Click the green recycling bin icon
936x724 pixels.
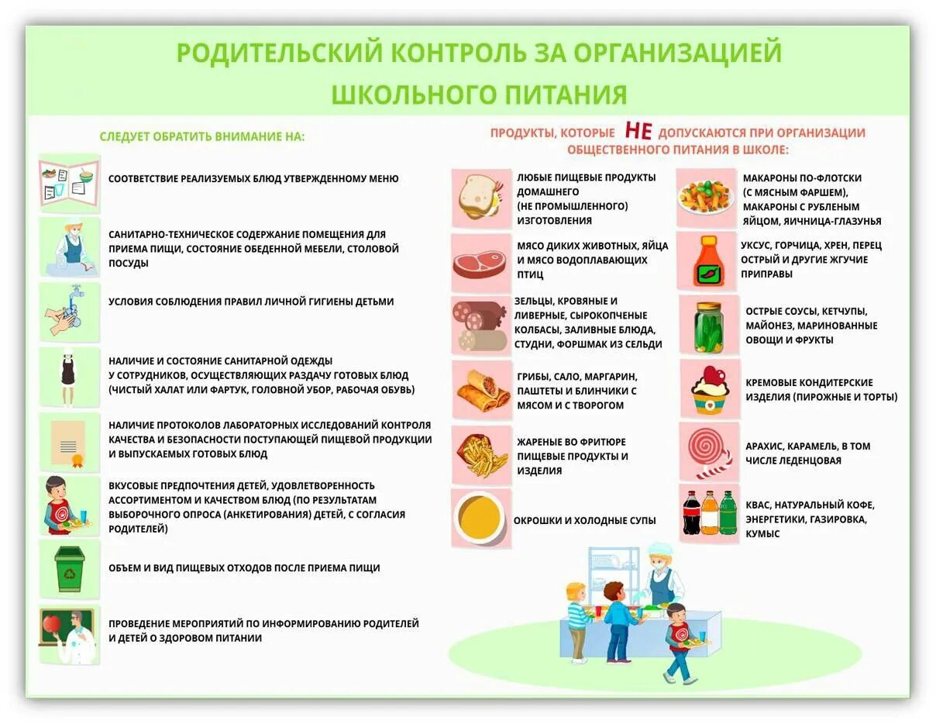(x=70, y=568)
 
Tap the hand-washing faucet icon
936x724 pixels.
(x=70, y=311)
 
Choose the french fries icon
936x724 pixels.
(x=481, y=455)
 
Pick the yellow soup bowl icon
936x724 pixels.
(x=481, y=518)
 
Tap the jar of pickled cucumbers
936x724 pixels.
(x=709, y=326)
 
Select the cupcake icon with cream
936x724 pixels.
(x=710, y=389)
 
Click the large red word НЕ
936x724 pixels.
(x=638, y=132)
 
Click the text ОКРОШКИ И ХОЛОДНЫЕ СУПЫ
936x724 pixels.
(x=584, y=521)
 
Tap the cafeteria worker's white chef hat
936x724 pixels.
(x=659, y=550)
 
